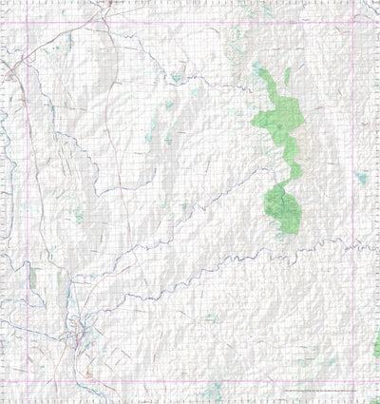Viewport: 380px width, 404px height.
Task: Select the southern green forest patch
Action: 283,209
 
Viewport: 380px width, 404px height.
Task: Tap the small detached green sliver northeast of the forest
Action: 287,76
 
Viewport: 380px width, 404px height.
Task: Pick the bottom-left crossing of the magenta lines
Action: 25,382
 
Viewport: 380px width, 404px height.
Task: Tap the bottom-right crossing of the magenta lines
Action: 353,382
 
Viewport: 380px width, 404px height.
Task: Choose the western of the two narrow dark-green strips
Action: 31,277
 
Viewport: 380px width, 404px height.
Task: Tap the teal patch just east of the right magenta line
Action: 362,178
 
